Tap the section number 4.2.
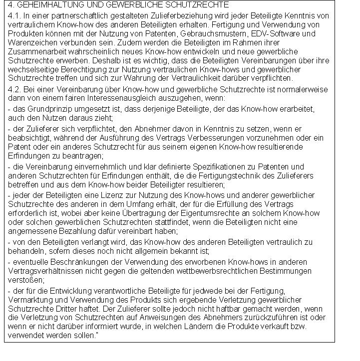pyautogui.click(x=14, y=89)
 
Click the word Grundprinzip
pyautogui.click(x=45, y=109)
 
